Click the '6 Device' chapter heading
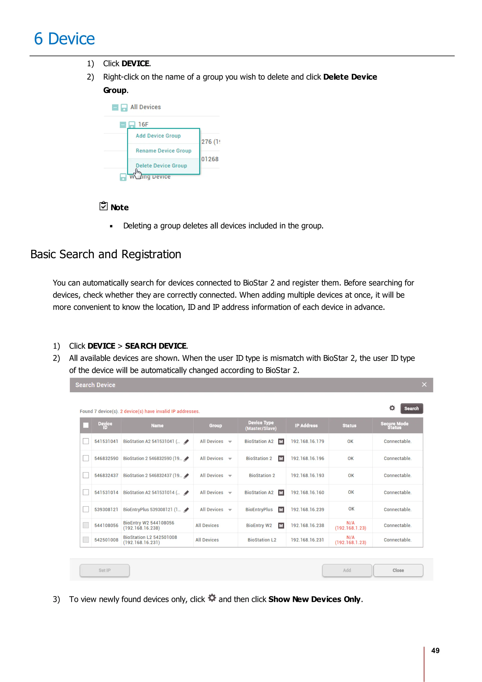64,39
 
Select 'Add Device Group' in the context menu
158,136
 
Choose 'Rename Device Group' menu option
163,151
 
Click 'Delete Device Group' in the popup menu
161,166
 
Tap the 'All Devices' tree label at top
145,107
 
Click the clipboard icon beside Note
103,206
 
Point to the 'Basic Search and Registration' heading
106,254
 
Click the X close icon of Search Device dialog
424,385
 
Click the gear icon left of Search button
392,408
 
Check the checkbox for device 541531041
86,441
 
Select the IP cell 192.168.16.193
307,476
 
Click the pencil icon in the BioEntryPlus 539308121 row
186,510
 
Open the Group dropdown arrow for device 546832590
230,459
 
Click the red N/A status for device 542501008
350,537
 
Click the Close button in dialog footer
398,570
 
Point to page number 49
435,650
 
